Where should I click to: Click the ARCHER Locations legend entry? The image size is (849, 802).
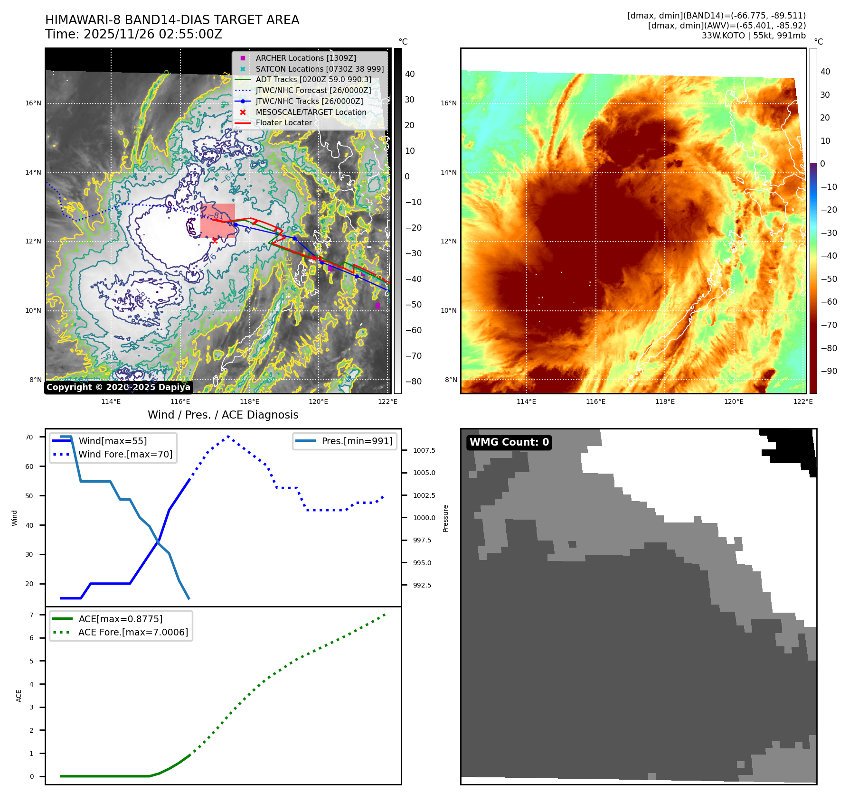(305, 58)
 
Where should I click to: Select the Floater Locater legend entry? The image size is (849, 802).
(283, 122)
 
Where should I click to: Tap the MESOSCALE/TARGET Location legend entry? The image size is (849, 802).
(311, 112)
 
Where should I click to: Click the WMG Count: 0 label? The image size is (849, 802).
(509, 442)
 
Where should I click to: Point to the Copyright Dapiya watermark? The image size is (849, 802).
(118, 387)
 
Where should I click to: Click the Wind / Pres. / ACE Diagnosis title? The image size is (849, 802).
(223, 415)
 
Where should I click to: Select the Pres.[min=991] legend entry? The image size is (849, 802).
(357, 441)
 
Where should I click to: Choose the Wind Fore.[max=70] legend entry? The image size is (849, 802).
(125, 454)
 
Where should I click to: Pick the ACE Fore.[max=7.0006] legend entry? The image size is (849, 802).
(133, 632)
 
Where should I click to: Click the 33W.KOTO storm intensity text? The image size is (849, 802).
(754, 36)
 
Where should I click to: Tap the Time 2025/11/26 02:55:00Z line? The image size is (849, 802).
(133, 34)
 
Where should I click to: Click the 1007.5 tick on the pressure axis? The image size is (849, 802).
(424, 450)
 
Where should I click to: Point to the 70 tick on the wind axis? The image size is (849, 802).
(29, 437)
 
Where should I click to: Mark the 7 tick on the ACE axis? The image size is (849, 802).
(31, 615)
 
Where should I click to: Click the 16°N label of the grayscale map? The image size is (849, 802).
(33, 103)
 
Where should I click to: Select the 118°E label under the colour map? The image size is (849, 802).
(665, 401)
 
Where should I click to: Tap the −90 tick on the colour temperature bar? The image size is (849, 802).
(829, 371)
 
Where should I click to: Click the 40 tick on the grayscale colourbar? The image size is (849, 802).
(410, 74)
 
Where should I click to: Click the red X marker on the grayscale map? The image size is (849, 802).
(215, 241)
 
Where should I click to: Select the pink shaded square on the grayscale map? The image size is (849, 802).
(218, 221)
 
